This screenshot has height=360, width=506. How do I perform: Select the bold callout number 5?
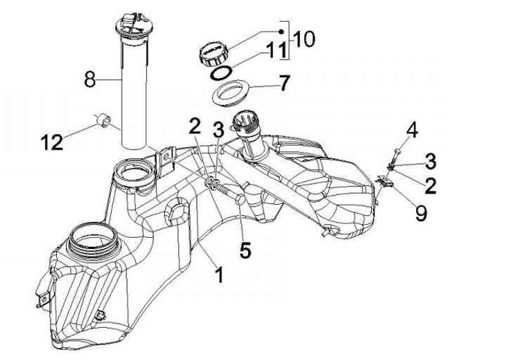[245, 250]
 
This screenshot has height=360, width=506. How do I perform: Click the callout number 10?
[304, 39]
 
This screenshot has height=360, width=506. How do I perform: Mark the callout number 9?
[420, 212]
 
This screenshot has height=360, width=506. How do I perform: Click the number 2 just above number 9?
[430, 185]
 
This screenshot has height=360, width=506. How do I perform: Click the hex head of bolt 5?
[240, 201]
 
